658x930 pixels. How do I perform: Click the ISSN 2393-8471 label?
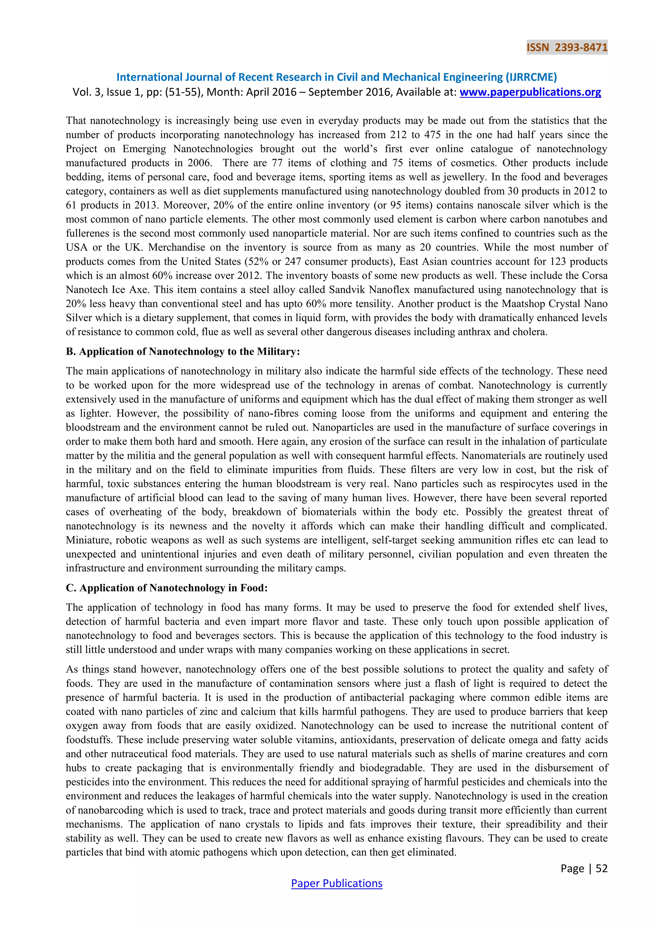click(x=566, y=48)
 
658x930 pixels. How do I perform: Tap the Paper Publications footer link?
click(x=336, y=883)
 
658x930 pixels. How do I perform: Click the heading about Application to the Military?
click(x=183, y=351)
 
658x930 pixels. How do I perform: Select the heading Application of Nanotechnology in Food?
click(x=166, y=588)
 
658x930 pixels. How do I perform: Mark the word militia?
click(x=142, y=455)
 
